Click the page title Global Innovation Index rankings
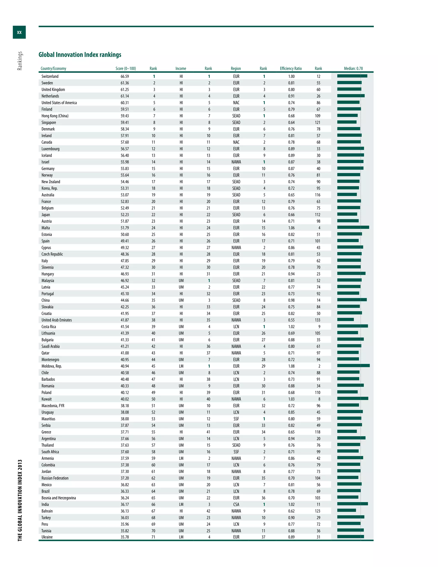(x=80, y=55)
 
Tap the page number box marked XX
(x=19, y=32)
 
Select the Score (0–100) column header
(x=126, y=68)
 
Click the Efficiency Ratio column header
(x=291, y=68)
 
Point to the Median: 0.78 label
(x=353, y=68)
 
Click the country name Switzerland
(x=50, y=76)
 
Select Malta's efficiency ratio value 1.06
(x=291, y=228)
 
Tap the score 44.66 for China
(x=124, y=300)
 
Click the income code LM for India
(x=181, y=505)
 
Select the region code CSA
(x=236, y=505)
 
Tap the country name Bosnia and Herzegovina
(x=59, y=498)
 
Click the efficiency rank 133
(x=318, y=320)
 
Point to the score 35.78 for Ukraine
(x=124, y=537)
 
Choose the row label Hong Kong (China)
(x=55, y=116)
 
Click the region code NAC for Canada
(x=236, y=142)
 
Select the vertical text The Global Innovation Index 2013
(x=20, y=500)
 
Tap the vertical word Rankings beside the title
(x=20, y=61)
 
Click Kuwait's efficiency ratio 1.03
(x=291, y=399)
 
